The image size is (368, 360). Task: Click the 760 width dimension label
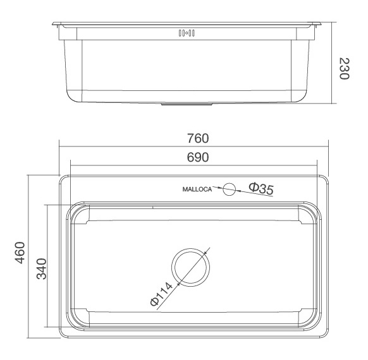click(x=195, y=138)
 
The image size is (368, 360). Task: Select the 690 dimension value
click(x=195, y=157)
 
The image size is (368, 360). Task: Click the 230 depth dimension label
click(x=345, y=68)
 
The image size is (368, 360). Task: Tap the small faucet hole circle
click(x=230, y=188)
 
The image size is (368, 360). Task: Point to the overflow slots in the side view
click(x=187, y=33)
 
